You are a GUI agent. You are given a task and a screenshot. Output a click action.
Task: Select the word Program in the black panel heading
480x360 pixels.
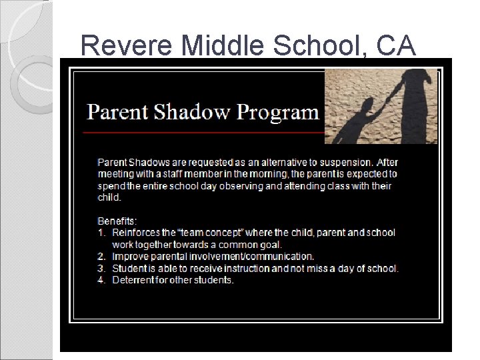point(280,112)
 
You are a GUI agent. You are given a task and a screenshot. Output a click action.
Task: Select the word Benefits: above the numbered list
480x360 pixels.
point(117,221)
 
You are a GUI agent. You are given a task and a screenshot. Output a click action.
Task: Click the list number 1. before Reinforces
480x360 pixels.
point(102,233)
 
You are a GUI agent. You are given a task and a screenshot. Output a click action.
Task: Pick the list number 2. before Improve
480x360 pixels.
point(102,257)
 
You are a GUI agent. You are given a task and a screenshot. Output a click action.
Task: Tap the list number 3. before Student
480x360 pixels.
point(102,269)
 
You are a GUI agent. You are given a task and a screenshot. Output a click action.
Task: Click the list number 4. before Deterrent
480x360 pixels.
point(102,281)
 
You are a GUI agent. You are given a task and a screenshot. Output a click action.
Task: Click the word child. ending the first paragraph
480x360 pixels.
point(109,198)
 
